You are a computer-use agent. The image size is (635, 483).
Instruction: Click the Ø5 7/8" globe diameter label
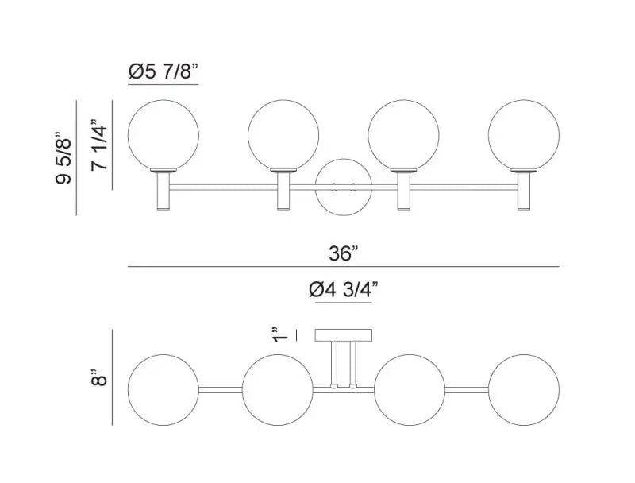162,72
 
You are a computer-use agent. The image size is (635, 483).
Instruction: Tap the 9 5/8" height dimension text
64,158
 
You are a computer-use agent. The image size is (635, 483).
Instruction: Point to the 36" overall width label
343,253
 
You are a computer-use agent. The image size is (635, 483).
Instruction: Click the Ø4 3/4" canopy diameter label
342,292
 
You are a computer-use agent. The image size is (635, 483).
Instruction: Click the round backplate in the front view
342,187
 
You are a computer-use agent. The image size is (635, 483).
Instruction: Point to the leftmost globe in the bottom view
162,388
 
